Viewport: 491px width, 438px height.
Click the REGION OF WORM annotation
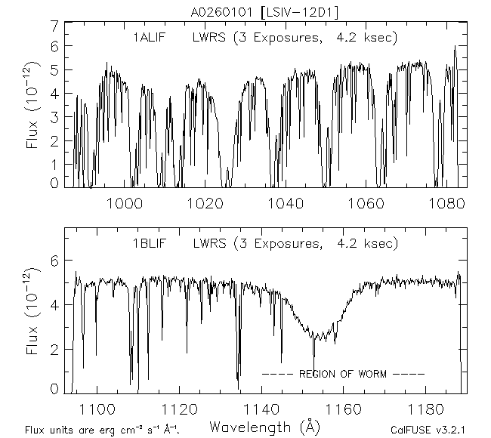(x=344, y=374)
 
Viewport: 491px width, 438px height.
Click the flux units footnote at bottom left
(x=103, y=430)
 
